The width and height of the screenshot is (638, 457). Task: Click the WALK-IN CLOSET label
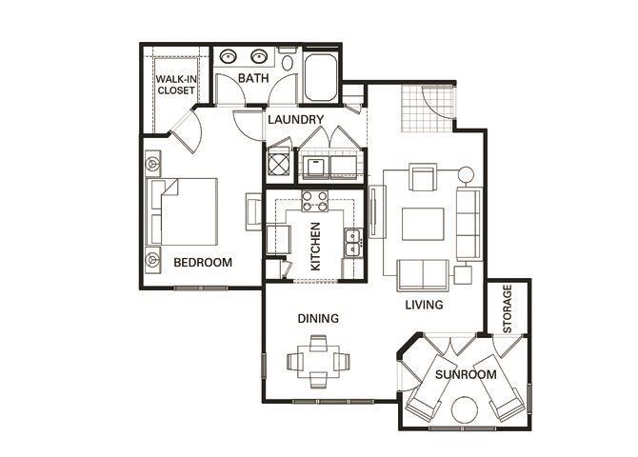pyautogui.click(x=176, y=84)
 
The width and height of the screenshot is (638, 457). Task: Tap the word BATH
pyautogui.click(x=252, y=78)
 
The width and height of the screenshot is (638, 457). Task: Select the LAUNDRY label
pyautogui.click(x=295, y=120)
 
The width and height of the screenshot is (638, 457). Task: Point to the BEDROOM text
pyautogui.click(x=203, y=263)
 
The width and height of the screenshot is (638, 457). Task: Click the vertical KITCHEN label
pyautogui.click(x=315, y=245)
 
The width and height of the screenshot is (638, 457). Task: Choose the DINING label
pyautogui.click(x=319, y=319)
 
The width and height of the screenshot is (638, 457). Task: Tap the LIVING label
pyautogui.click(x=424, y=306)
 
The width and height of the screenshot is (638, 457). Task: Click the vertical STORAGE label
pyautogui.click(x=508, y=308)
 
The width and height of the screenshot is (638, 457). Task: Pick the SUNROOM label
pyautogui.click(x=466, y=375)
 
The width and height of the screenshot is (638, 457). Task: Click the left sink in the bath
pyautogui.click(x=229, y=56)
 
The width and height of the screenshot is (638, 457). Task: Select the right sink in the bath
pyautogui.click(x=259, y=56)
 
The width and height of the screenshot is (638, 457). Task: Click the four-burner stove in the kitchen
pyautogui.click(x=314, y=202)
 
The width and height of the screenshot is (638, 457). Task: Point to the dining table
pyautogui.click(x=318, y=361)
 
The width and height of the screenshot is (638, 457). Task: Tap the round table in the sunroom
pyautogui.click(x=464, y=410)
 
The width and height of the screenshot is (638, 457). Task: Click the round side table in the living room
pyautogui.click(x=466, y=175)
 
